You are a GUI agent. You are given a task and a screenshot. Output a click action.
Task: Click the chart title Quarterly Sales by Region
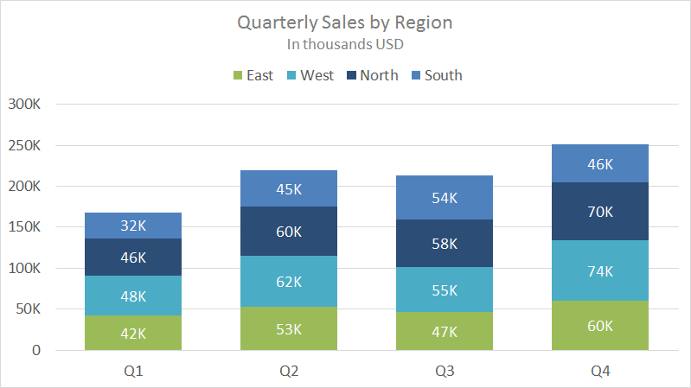tap(345, 22)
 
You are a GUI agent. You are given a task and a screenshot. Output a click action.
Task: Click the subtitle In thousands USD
tap(345, 43)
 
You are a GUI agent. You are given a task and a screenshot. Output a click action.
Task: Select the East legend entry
tap(253, 75)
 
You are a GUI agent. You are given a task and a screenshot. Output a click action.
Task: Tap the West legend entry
tap(310, 75)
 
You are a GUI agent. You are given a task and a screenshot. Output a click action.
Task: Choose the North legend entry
tap(372, 75)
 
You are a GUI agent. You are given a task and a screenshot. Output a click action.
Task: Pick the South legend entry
tap(436, 75)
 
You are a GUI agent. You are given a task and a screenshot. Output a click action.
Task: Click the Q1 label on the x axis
tap(133, 371)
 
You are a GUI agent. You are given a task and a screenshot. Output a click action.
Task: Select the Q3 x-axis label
tap(445, 371)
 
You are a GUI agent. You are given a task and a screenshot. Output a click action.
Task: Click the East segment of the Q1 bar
tap(133, 333)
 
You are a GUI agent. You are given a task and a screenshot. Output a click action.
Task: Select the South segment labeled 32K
tap(133, 226)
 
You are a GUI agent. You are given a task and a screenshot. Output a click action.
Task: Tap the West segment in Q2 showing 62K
tap(289, 281)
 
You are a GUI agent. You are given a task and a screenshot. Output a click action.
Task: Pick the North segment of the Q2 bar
tap(289, 231)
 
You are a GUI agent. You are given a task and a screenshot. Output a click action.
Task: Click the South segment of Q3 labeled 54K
tap(445, 198)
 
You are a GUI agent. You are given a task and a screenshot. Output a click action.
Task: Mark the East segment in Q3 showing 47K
tap(445, 331)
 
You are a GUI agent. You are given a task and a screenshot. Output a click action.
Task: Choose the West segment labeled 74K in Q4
tap(600, 270)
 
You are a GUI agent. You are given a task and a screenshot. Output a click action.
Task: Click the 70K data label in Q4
tap(600, 211)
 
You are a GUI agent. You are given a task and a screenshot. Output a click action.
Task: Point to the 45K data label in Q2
tap(289, 188)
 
